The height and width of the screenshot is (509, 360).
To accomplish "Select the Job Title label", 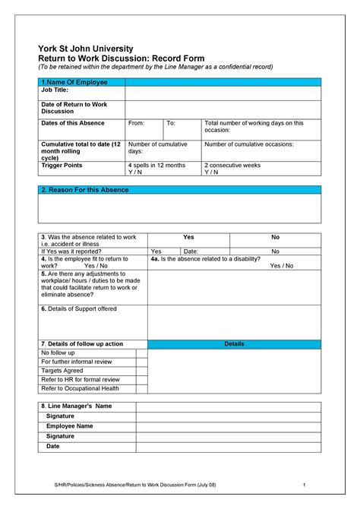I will [x=55, y=90].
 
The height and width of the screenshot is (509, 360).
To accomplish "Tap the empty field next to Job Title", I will [x=223, y=92].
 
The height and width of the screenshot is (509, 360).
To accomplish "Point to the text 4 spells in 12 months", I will [x=156, y=165].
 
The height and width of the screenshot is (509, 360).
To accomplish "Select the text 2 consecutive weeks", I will [x=232, y=165].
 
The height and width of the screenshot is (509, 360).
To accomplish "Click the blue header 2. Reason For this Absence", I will [x=84, y=189].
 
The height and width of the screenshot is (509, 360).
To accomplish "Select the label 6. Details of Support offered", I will [x=79, y=309].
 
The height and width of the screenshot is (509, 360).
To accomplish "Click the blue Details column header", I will [x=234, y=344].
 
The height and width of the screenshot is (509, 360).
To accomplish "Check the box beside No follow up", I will [x=141, y=353].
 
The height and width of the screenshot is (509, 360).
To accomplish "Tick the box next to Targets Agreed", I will [x=141, y=371].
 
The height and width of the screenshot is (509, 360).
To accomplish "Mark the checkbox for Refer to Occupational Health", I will [x=141, y=388].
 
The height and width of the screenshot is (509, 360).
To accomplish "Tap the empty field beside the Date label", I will [x=228, y=447].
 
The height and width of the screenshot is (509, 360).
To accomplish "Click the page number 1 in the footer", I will [x=303, y=485].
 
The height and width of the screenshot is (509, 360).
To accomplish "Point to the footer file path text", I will [x=134, y=485].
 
